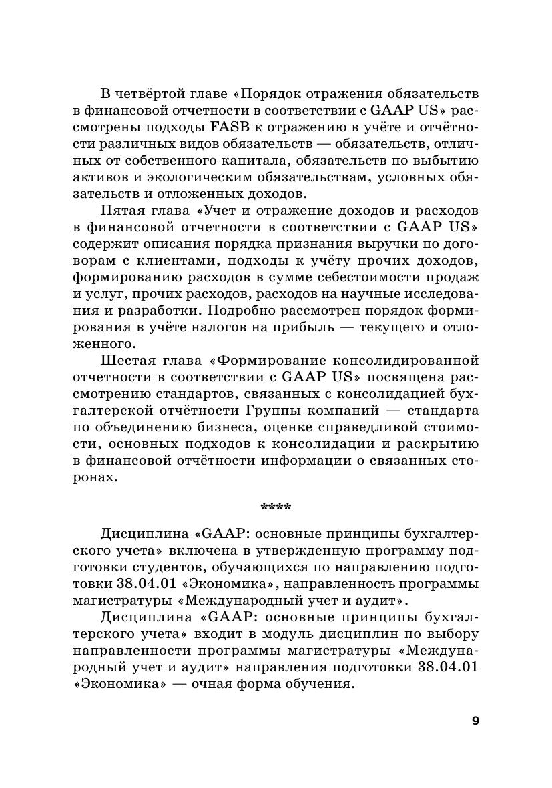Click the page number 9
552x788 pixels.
[475, 721]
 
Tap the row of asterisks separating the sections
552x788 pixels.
[276, 507]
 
